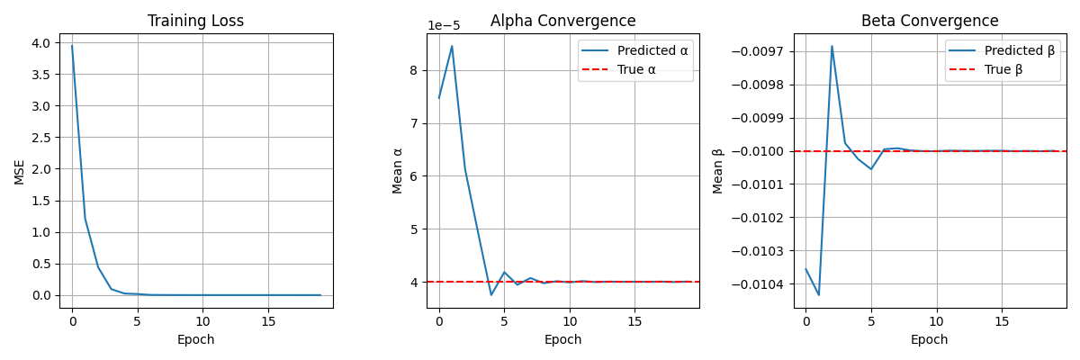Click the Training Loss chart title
pos(195,21)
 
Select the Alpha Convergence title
pos(562,21)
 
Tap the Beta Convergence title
pos(930,21)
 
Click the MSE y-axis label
pos(20,171)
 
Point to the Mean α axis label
pos(398,171)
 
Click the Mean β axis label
pos(718,171)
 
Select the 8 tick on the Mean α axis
pos(415,70)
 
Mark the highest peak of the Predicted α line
pos(452,46)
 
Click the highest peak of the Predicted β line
pos(832,46)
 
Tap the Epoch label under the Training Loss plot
pos(195,340)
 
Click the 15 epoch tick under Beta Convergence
pos(1002,321)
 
